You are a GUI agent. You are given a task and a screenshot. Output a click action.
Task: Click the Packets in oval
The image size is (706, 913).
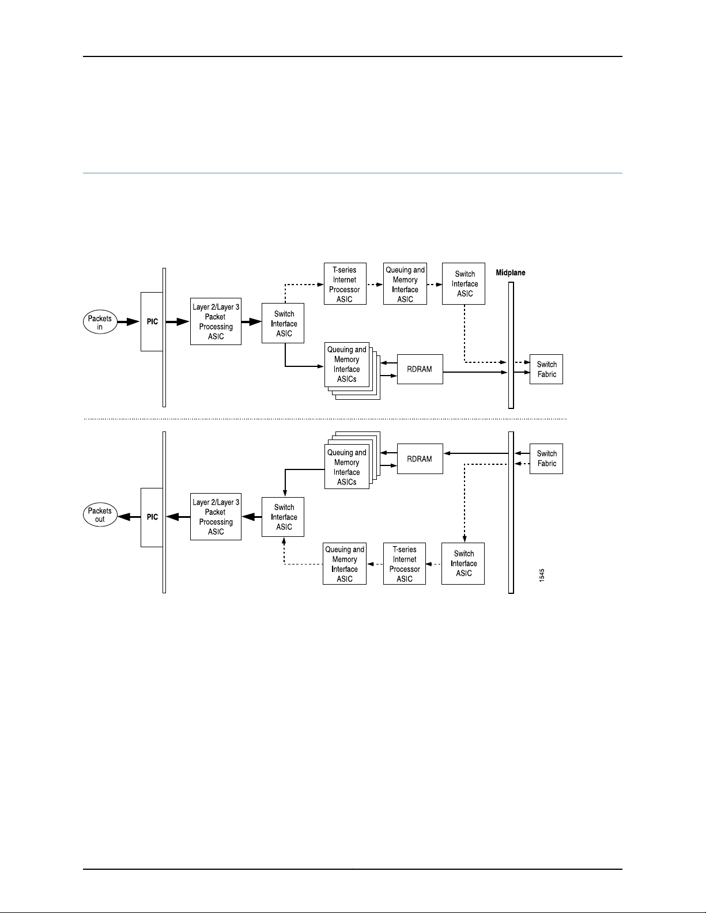coord(100,323)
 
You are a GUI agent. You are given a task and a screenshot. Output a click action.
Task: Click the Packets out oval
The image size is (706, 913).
coord(100,515)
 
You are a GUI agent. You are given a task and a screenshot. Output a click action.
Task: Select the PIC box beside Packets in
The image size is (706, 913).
coord(152,321)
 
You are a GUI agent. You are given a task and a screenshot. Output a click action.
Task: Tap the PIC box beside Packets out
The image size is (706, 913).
coord(152,517)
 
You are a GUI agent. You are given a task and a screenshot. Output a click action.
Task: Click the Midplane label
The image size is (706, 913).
coord(511,272)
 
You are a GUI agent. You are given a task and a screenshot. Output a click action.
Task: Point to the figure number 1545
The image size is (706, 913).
coord(542,575)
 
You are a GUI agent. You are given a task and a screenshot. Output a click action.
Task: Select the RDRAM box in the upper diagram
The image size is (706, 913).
coord(420,369)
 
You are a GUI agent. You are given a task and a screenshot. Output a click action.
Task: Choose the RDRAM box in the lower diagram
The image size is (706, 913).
coord(420,459)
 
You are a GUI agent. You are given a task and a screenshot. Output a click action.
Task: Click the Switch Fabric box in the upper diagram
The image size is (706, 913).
coord(546,369)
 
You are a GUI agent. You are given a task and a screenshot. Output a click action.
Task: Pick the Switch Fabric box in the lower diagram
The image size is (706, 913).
coord(546,459)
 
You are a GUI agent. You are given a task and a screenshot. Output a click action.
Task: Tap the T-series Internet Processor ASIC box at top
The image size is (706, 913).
coord(345,284)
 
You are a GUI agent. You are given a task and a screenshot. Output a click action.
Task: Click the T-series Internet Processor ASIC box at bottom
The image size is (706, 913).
coord(405,564)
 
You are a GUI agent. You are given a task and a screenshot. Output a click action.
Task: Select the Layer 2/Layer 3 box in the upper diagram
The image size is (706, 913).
coord(216,321)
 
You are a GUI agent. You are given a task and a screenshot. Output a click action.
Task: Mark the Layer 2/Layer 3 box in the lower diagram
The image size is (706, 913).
coord(216,517)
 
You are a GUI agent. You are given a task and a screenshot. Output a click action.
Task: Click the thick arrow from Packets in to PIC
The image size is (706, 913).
coord(129,322)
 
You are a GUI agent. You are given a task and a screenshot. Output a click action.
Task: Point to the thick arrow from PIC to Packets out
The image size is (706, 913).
coord(133,517)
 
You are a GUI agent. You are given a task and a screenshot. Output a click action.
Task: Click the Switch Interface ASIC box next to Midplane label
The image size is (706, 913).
coord(464,284)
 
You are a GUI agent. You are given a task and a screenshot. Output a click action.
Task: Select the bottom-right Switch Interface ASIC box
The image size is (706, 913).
coord(463,564)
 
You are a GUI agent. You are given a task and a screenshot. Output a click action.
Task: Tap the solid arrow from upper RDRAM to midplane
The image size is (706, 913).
coord(475,372)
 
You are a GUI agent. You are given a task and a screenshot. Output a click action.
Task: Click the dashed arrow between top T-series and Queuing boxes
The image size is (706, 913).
coord(375,285)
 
